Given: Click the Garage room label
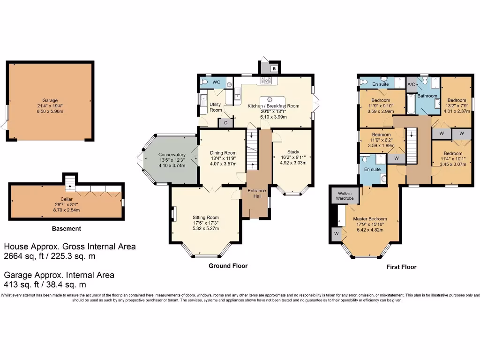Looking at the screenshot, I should (50, 100).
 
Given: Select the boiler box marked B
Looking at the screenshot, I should (274, 68).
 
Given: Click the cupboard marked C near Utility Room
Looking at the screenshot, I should (225, 123).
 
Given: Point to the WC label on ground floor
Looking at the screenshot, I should (216, 82).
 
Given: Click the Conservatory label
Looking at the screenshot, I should (172, 155).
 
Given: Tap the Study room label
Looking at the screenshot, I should (293, 151).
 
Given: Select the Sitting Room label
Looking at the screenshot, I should (206, 217).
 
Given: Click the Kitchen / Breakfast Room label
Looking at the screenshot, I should (273, 106).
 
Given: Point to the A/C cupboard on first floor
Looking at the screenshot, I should (411, 84).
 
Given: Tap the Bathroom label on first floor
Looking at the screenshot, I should (427, 96).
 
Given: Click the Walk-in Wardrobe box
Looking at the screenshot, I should (344, 196).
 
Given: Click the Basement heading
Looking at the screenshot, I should (66, 229).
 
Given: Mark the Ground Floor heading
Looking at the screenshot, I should (228, 266).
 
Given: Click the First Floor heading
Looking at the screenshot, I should (401, 267).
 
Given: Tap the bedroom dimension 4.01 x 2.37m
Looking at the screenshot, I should (457, 112).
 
